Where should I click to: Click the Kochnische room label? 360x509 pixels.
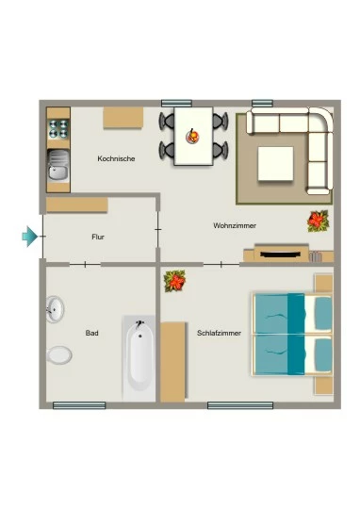pos(116,158)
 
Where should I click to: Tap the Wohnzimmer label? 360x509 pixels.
pos(235,225)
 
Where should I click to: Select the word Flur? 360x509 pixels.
pos(98,237)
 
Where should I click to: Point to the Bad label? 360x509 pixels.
pos(91,333)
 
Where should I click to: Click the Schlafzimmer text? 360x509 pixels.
pos(220,333)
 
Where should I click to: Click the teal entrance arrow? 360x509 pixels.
pos(30,237)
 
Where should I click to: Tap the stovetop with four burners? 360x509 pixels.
pos(58,128)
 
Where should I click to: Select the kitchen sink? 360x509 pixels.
pos(58,165)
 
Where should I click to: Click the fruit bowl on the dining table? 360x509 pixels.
pos(192,136)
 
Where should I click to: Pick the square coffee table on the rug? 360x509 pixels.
pos(275,164)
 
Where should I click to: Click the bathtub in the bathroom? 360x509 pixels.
pos(139,358)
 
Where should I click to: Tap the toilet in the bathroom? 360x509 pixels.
pos(59,354)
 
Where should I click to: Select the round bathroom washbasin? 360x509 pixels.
pos(55,309)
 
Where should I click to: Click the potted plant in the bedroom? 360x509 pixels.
pos(174,281)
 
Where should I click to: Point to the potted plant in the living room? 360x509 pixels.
pos(319,222)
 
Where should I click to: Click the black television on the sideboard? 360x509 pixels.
pos(281,254)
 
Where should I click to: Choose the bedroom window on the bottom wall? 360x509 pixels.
pos(240,405)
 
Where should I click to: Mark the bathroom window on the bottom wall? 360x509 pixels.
pos(79,405)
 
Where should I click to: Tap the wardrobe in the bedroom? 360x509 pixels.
pos(172,362)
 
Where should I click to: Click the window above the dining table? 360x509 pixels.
pos(176,104)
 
